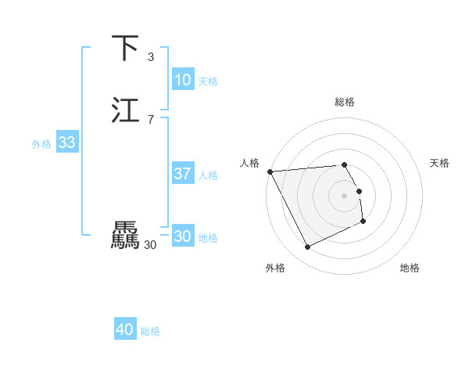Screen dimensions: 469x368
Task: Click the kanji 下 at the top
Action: coord(126,49)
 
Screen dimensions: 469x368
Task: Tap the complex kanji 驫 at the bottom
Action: coord(126,236)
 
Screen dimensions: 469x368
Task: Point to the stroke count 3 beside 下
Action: coord(151,57)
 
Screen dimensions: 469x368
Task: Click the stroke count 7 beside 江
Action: coord(151,119)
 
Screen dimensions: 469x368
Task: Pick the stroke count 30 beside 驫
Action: coord(151,245)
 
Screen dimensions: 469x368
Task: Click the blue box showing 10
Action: coord(182,80)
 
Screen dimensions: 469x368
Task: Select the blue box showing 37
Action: coord(182,174)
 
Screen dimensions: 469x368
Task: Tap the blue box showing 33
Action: coord(66,143)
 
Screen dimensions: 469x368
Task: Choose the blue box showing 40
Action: coord(125,330)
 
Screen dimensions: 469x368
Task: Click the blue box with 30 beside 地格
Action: coord(182,237)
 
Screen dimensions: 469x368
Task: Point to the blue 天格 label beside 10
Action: coord(208,81)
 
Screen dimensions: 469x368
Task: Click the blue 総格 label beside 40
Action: coord(150,331)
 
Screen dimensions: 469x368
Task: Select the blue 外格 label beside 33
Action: coord(41,144)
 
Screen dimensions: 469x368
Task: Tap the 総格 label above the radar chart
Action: coord(345,102)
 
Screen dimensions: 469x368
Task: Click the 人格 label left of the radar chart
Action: coord(250,163)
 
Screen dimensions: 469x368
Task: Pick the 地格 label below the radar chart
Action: coord(410,268)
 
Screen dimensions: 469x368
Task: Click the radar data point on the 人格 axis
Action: coord(270,171)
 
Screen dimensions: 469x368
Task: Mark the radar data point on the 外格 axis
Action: coord(307,247)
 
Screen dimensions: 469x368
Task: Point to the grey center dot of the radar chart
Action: coord(345,196)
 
